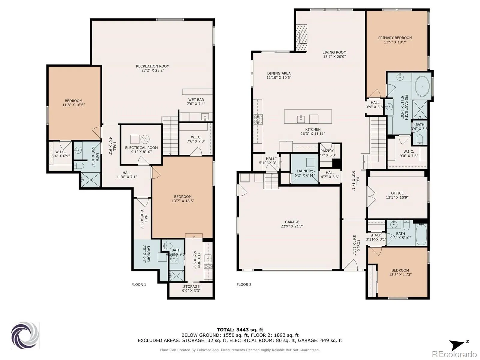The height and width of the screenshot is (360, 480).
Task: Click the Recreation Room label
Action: [x=153, y=66]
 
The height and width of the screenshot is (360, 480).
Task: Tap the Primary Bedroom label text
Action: [x=395, y=38]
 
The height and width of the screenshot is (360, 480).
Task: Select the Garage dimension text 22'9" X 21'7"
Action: [x=292, y=226]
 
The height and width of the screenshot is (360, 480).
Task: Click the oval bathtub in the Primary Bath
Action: [x=422, y=87]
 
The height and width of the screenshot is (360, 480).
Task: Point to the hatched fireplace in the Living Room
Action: [x=301, y=38]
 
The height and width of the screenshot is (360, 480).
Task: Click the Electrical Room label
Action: [x=141, y=148]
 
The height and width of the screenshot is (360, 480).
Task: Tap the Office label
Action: [x=397, y=193]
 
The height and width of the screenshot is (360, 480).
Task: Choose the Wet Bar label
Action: [x=196, y=100]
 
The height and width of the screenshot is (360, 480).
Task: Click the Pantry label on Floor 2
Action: [x=327, y=151]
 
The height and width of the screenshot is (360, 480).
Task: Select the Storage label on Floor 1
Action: [x=191, y=286]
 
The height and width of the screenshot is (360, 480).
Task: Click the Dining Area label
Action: [x=279, y=73]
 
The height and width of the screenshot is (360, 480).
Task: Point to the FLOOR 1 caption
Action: [x=139, y=285]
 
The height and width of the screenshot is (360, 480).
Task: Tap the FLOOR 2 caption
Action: [x=244, y=285]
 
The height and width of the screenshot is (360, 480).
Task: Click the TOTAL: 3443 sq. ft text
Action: [x=240, y=330]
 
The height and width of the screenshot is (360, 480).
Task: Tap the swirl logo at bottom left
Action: [x=25, y=335]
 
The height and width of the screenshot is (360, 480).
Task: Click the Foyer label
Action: [x=358, y=245]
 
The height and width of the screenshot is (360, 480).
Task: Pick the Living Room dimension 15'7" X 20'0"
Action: [x=334, y=57]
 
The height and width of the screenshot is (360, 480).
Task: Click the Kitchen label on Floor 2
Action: [x=313, y=130]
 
